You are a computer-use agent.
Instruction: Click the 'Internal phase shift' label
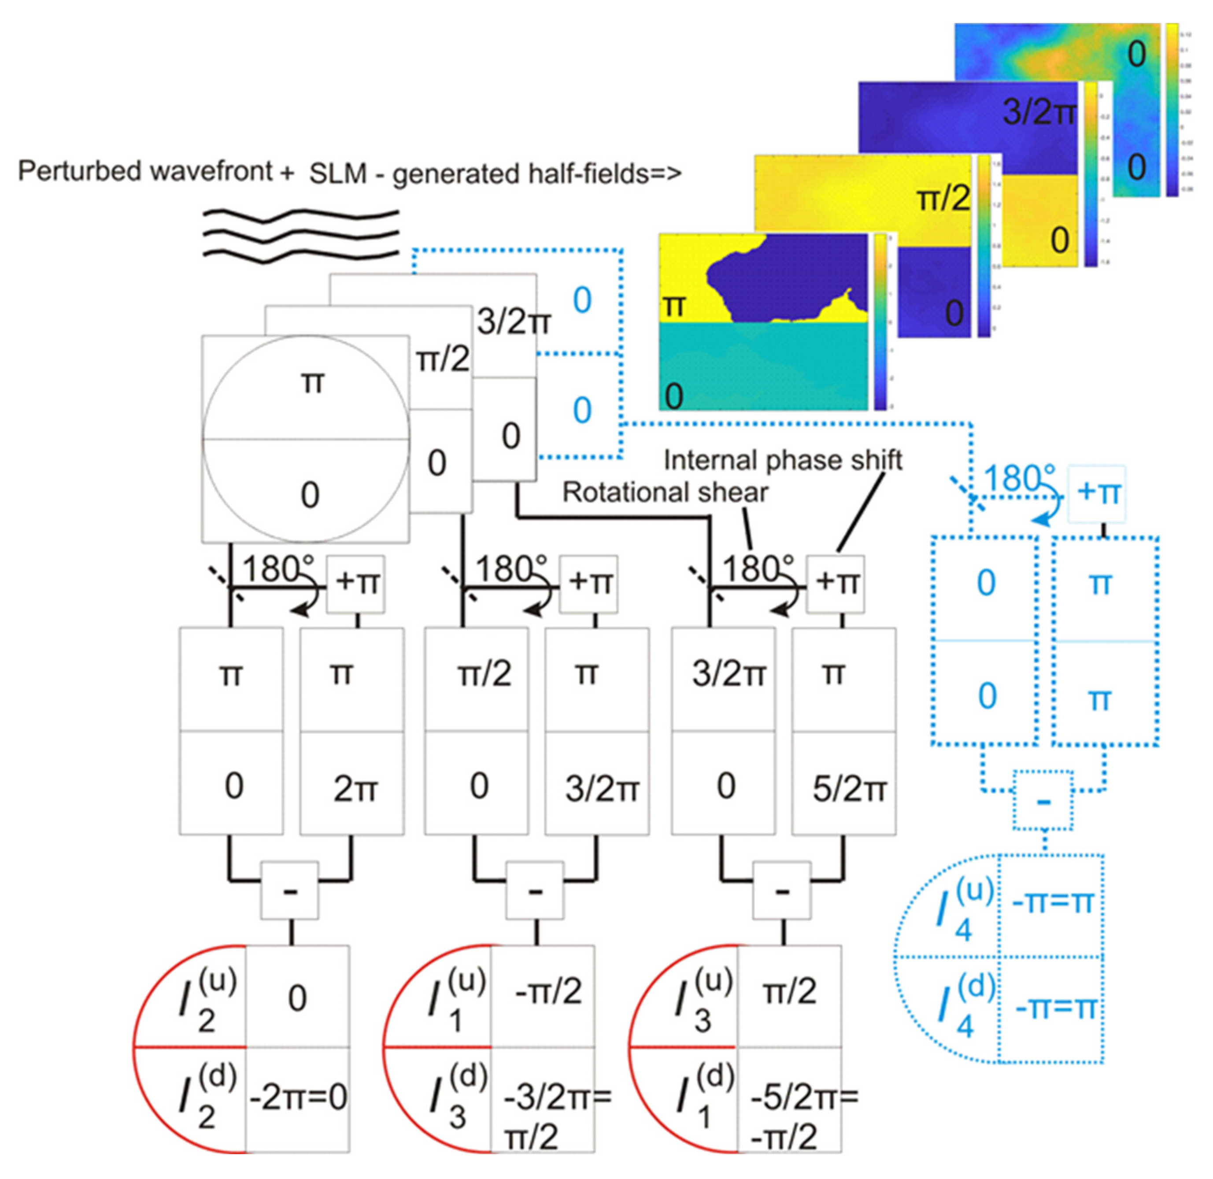tap(783, 460)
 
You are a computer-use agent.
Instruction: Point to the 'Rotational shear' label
tap(665, 492)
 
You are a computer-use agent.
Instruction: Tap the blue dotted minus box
tap(1043, 801)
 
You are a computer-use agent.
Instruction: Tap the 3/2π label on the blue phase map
tap(1039, 112)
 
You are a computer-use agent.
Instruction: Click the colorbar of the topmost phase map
tap(1172, 110)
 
